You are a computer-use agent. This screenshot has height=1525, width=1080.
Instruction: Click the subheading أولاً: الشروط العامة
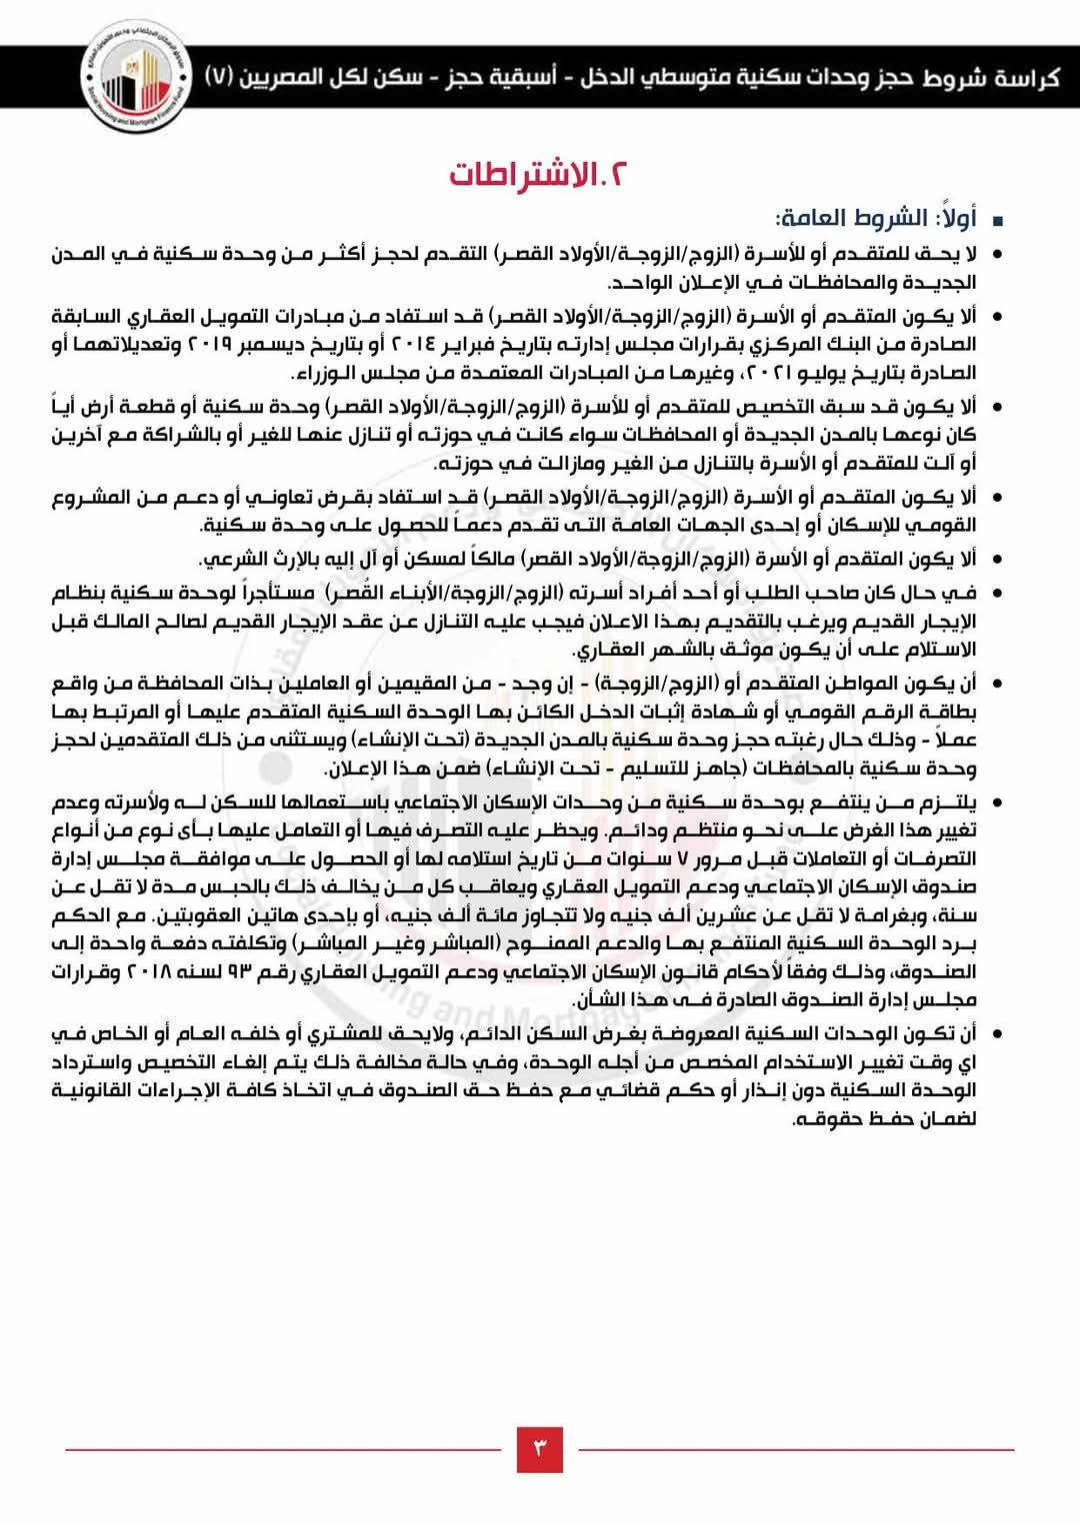(x=870, y=218)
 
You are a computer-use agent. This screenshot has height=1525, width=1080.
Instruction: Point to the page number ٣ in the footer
(x=540, y=1448)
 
